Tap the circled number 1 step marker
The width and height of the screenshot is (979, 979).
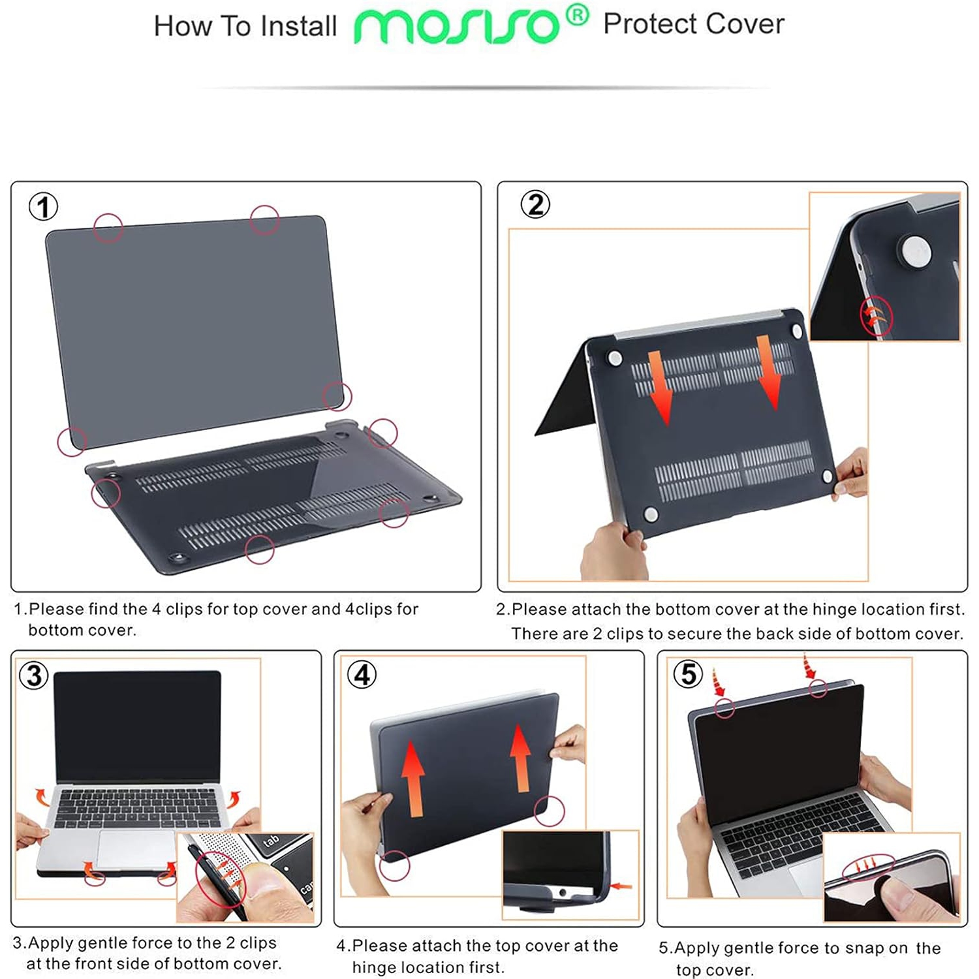pyautogui.click(x=43, y=207)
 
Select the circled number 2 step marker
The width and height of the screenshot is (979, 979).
pyautogui.click(x=535, y=204)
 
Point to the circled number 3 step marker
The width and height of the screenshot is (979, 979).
pyautogui.click(x=34, y=675)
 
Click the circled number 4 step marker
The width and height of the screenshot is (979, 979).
pyautogui.click(x=362, y=674)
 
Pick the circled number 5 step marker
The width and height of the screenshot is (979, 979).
pyautogui.click(x=688, y=674)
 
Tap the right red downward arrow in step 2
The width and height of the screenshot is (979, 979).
pyautogui.click(x=769, y=373)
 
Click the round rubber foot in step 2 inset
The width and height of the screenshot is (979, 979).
pyautogui.click(x=915, y=251)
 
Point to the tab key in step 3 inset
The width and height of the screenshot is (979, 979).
pyautogui.click(x=271, y=841)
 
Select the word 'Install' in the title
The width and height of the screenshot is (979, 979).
pyautogui.click(x=298, y=27)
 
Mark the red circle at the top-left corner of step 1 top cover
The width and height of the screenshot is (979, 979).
pyautogui.click(x=108, y=227)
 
